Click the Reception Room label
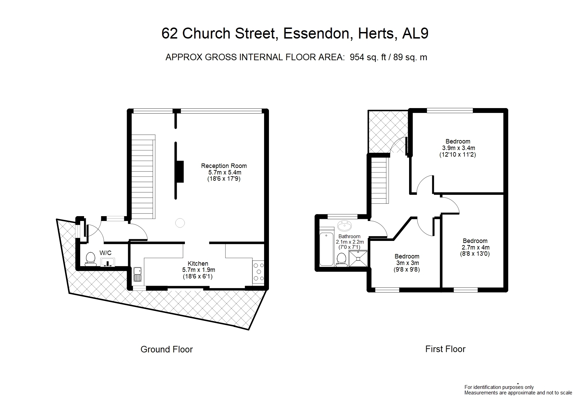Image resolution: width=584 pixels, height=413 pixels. [x=224, y=166]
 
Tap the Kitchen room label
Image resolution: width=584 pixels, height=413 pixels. [x=198, y=263]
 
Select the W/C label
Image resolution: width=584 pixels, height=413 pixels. [x=105, y=253]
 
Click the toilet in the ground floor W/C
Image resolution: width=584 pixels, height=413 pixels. [x=91, y=259]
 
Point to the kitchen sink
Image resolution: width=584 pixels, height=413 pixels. [x=137, y=274]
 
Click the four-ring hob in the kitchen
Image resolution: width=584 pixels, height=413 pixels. [x=258, y=272]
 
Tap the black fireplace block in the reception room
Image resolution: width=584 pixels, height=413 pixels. [x=180, y=172]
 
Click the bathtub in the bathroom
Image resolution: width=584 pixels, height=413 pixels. [x=326, y=249]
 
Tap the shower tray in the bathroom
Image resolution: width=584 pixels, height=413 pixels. [x=358, y=258]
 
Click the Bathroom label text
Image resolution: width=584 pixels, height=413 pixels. [x=350, y=236]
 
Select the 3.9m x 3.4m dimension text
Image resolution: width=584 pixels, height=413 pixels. [x=459, y=148]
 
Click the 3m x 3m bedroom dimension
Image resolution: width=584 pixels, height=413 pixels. [x=407, y=263]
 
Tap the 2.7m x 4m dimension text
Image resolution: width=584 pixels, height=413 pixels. [x=476, y=247]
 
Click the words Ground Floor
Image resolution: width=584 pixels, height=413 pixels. [x=167, y=349]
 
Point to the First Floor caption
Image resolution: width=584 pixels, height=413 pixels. [x=445, y=349]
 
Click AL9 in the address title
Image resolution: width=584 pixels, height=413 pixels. [x=415, y=33]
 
